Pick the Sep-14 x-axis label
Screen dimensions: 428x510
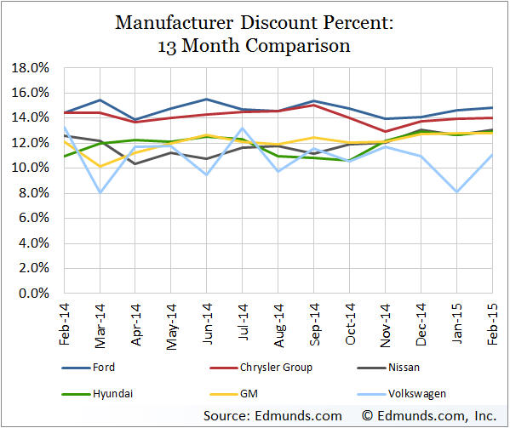[x=315, y=321]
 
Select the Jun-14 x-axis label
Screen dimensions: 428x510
[x=208, y=321]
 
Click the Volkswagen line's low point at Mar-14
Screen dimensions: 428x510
[x=100, y=192]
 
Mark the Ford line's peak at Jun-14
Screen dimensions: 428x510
[x=208, y=99]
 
